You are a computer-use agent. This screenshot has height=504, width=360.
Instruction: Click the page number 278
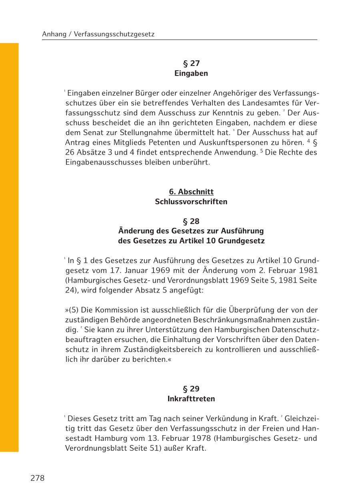click(37, 478)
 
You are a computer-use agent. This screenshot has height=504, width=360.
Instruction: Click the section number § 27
click(191, 64)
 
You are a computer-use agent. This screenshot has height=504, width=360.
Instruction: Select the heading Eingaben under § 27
click(191, 74)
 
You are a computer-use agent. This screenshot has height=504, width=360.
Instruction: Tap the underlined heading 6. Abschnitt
click(191, 192)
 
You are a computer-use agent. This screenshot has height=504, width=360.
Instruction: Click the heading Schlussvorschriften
click(191, 202)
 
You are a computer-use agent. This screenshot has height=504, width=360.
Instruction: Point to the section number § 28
click(191, 221)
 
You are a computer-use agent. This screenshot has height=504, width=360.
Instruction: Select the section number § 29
click(191, 389)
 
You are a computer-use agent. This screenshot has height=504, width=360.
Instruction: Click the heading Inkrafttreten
click(191, 399)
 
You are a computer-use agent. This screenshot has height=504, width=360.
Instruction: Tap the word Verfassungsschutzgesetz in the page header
click(114, 34)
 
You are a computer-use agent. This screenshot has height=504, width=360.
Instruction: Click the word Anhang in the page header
click(54, 34)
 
